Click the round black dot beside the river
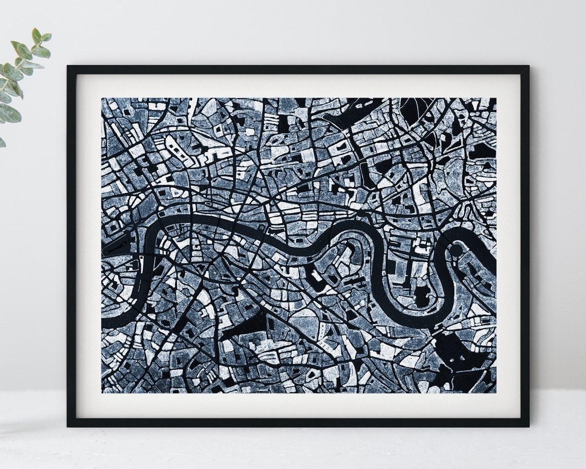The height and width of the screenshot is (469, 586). (455, 250)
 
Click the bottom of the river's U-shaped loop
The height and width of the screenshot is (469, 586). (411, 321)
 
